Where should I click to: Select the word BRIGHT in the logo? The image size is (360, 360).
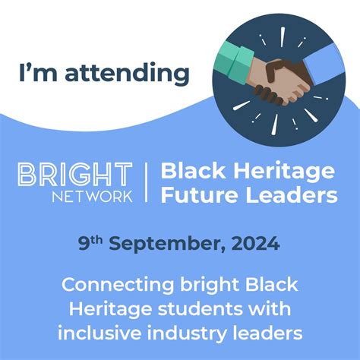click(74, 174)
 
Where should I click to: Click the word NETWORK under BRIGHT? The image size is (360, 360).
click(95, 195)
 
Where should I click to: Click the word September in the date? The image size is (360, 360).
click(164, 245)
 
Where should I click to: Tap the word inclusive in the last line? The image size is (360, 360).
click(97, 333)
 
